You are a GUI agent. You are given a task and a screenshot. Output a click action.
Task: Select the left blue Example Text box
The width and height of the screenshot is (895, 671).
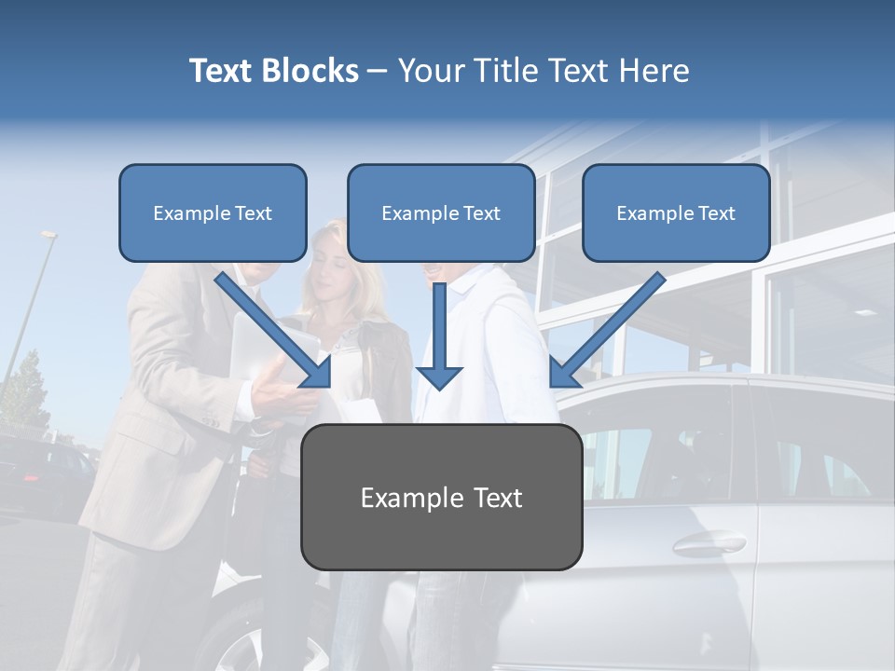[213, 212]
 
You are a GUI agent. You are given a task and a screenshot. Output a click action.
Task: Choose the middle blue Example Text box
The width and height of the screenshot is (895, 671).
[441, 212]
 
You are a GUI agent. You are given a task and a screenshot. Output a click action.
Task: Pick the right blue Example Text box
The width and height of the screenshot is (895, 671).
[676, 212]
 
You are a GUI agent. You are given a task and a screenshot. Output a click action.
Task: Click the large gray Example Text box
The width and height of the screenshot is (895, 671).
[441, 497]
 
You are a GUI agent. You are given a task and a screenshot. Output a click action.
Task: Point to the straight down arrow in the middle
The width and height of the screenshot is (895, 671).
[439, 340]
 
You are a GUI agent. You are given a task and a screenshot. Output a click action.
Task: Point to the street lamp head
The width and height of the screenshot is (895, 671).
[49, 235]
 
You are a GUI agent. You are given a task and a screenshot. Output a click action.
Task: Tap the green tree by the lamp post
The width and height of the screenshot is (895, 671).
[25, 391]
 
